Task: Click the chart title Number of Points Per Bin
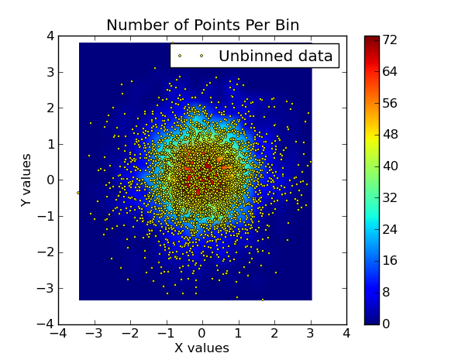[202, 25]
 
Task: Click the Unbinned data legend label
[275, 56]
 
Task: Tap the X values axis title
[201, 348]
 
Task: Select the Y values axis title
[27, 180]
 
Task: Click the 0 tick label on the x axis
[202, 334]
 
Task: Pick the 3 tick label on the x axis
[310, 334]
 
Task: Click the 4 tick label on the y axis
[50, 36]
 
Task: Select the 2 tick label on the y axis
[50, 108]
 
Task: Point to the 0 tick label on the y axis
[50, 180]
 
